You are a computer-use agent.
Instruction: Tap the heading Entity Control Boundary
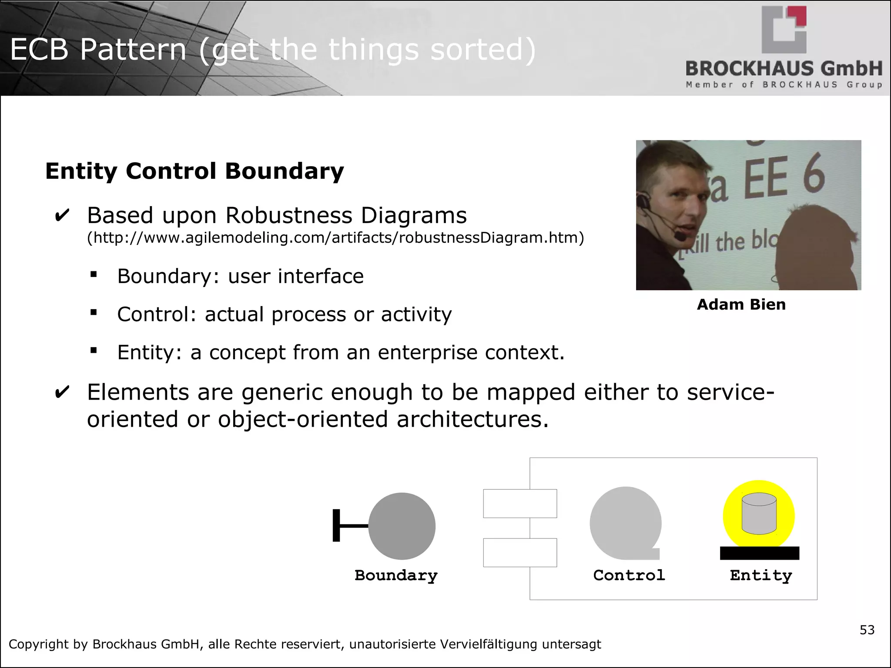(194, 171)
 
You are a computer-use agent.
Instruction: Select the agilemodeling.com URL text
(335, 238)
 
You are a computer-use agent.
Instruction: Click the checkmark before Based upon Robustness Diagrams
(62, 216)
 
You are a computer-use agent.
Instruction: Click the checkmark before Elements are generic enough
(62, 392)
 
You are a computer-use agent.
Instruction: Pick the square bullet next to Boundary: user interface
(94, 274)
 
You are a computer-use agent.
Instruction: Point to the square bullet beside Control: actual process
(94, 312)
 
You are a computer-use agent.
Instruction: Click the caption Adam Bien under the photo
(741, 304)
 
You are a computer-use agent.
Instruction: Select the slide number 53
(867, 630)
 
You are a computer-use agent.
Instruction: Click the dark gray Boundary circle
(402, 526)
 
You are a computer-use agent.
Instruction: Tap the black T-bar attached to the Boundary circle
(337, 526)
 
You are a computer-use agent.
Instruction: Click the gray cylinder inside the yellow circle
(759, 513)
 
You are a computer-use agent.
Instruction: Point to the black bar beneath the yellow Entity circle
(760, 553)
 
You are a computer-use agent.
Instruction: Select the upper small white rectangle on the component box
(520, 504)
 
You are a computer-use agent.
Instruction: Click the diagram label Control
(629, 575)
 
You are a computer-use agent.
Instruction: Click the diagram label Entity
(761, 575)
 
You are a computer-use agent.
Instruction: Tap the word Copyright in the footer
(38, 644)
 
